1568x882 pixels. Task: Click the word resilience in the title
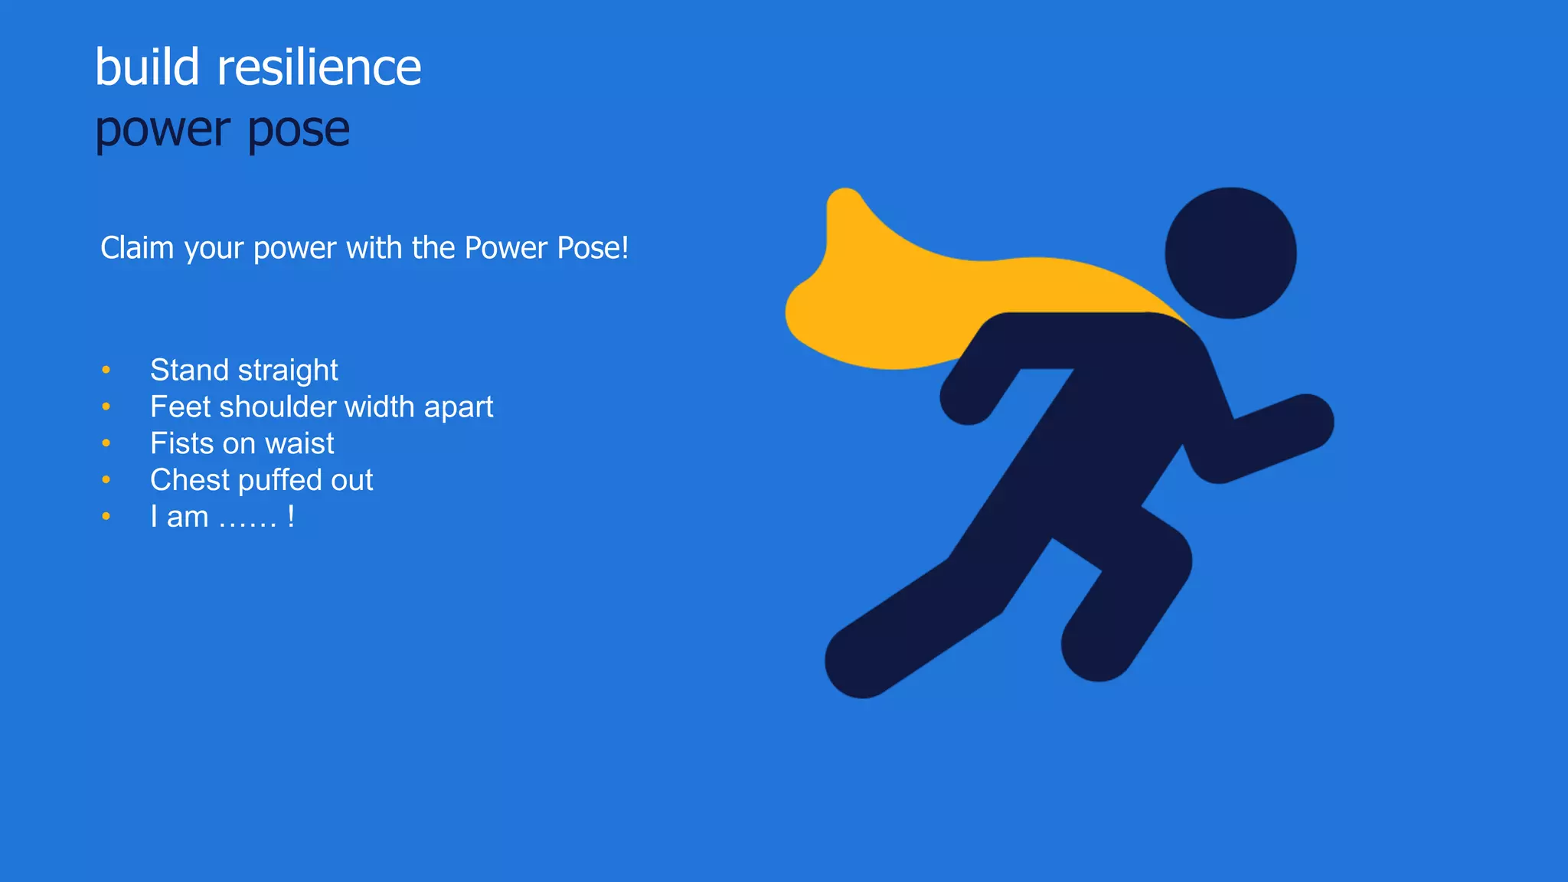click(x=318, y=67)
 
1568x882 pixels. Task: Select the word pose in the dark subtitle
click(x=299, y=130)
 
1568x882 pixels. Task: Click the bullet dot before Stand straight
click(x=106, y=371)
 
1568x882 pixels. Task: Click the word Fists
click(x=181, y=444)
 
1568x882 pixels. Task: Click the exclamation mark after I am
click(x=291, y=517)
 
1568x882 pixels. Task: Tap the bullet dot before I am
click(x=106, y=517)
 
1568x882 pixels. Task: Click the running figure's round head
click(x=1230, y=253)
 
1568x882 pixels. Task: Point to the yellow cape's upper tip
click(x=845, y=203)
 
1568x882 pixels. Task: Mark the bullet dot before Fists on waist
click(x=106, y=444)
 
